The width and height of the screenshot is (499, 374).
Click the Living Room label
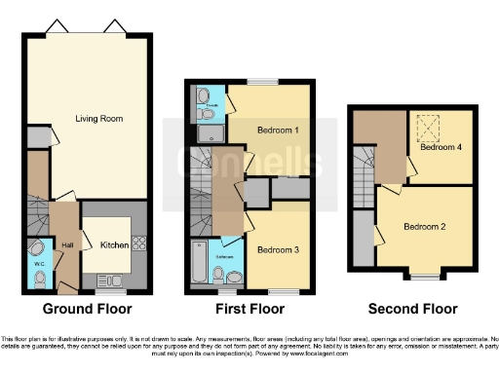(93, 119)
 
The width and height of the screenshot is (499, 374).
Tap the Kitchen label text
(115, 245)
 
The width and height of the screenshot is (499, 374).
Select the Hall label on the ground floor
(68, 245)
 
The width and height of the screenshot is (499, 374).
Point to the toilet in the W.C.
(39, 280)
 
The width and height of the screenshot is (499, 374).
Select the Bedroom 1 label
(278, 130)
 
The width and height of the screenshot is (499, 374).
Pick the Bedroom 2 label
(425, 227)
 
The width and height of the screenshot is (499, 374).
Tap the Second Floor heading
(412, 310)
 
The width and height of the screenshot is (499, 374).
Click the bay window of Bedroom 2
(424, 277)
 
